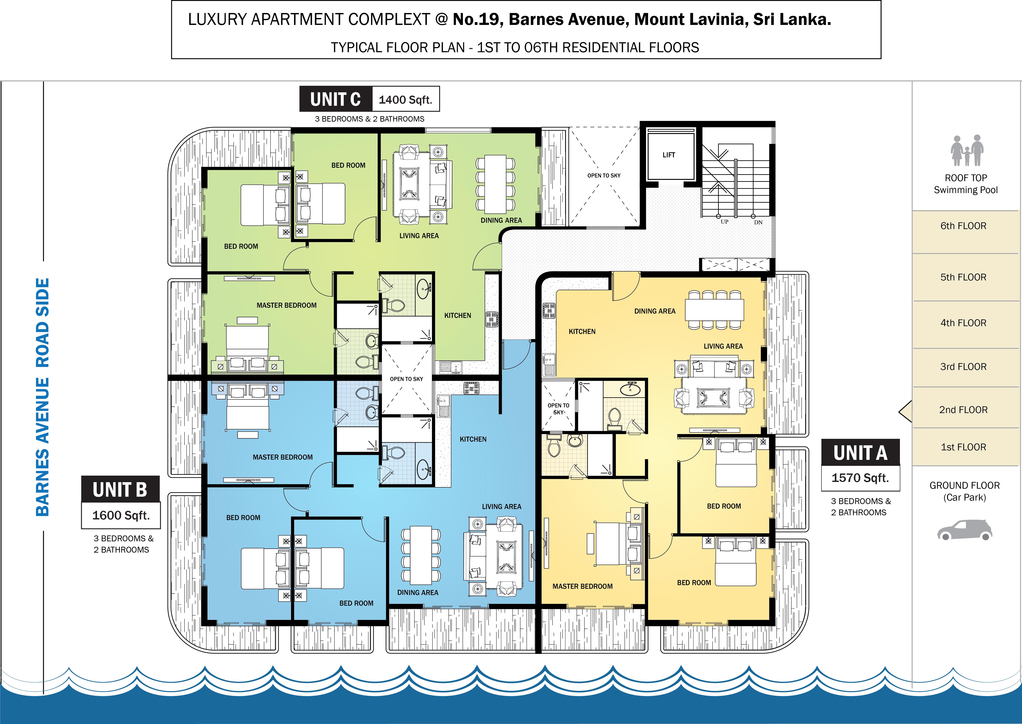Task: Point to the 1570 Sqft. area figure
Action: pyautogui.click(x=860, y=478)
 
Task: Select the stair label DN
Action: pyautogui.click(x=758, y=222)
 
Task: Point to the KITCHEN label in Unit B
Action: pyautogui.click(x=473, y=439)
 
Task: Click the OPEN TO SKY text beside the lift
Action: pyautogui.click(x=604, y=176)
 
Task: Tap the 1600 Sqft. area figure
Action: pyautogui.click(x=121, y=515)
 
